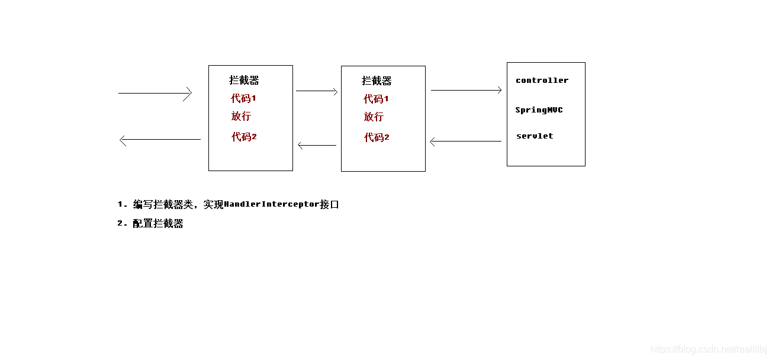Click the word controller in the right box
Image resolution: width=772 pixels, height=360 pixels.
click(x=542, y=81)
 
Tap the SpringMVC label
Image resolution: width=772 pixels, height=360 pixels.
click(x=539, y=110)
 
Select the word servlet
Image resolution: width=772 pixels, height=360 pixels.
click(x=535, y=136)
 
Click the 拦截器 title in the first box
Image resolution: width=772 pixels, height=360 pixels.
click(x=244, y=81)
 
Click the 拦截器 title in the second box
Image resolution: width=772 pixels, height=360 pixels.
click(x=377, y=81)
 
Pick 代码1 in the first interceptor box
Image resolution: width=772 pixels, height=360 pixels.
click(x=243, y=98)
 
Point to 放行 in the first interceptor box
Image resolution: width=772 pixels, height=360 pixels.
click(x=241, y=116)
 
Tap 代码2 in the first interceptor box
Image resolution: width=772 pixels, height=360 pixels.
click(x=244, y=137)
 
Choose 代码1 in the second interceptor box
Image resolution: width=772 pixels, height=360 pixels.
click(x=376, y=99)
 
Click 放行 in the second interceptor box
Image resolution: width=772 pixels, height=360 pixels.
click(x=374, y=117)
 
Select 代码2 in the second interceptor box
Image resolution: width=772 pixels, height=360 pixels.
click(x=377, y=137)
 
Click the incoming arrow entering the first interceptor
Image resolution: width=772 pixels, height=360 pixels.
click(x=155, y=94)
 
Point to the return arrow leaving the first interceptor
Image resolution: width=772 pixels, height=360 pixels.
click(x=160, y=140)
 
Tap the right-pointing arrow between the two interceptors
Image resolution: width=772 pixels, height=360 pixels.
click(x=317, y=91)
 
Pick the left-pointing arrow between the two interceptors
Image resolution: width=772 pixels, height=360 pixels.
click(x=317, y=145)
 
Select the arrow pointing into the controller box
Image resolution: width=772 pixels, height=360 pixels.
click(x=467, y=90)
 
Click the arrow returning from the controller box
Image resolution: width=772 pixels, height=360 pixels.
click(x=465, y=142)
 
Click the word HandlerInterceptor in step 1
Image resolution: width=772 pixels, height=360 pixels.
click(x=272, y=205)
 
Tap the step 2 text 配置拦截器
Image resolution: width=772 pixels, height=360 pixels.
click(x=158, y=224)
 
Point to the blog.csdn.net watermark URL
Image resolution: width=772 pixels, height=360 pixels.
click(x=709, y=350)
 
